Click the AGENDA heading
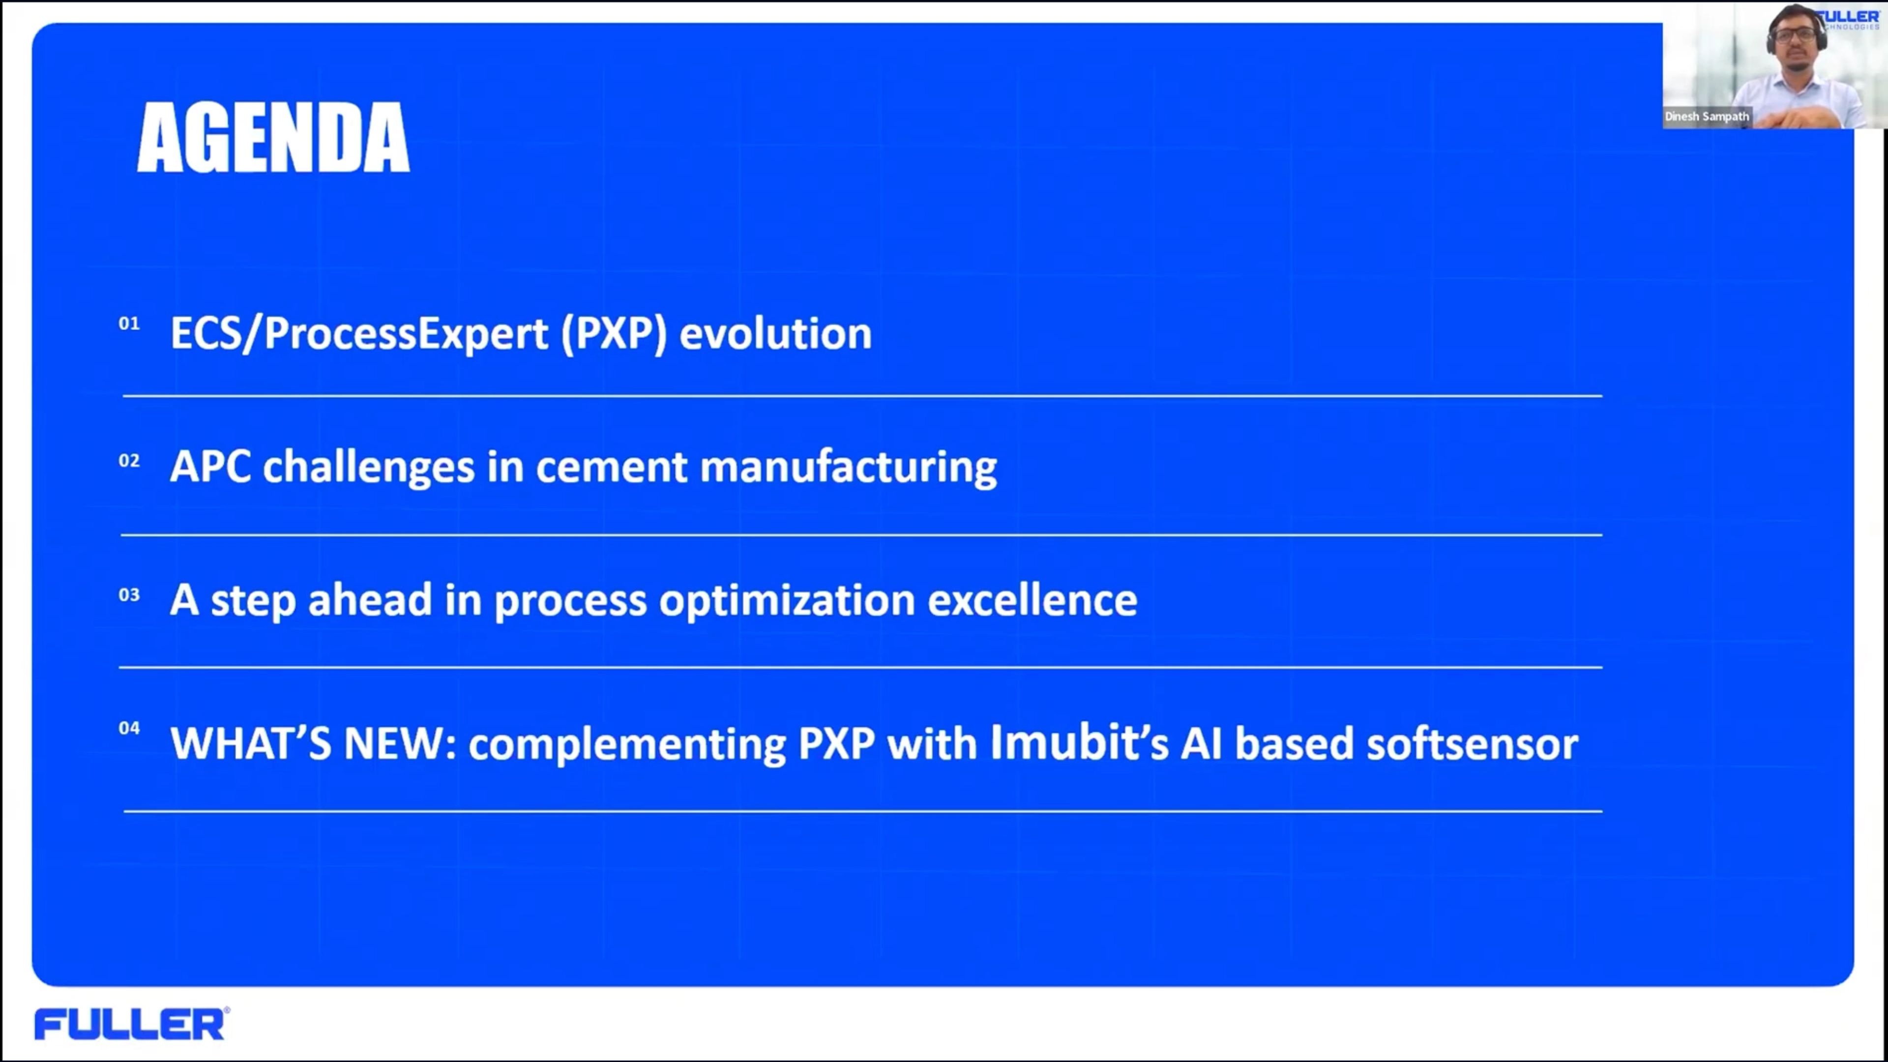(x=273, y=138)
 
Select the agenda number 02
(x=129, y=460)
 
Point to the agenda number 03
(x=129, y=594)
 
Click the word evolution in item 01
(x=775, y=333)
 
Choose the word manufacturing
(x=849, y=468)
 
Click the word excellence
(x=1032, y=599)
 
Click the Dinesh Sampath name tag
(x=1707, y=117)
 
